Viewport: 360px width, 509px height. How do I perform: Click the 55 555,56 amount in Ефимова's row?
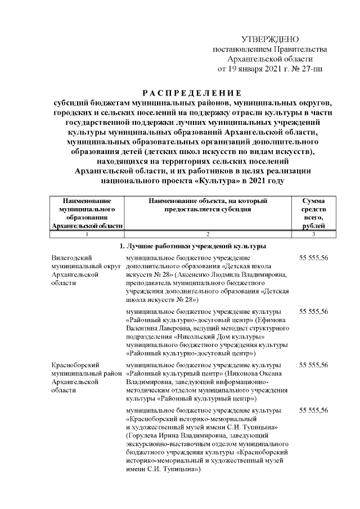[x=314, y=311]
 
